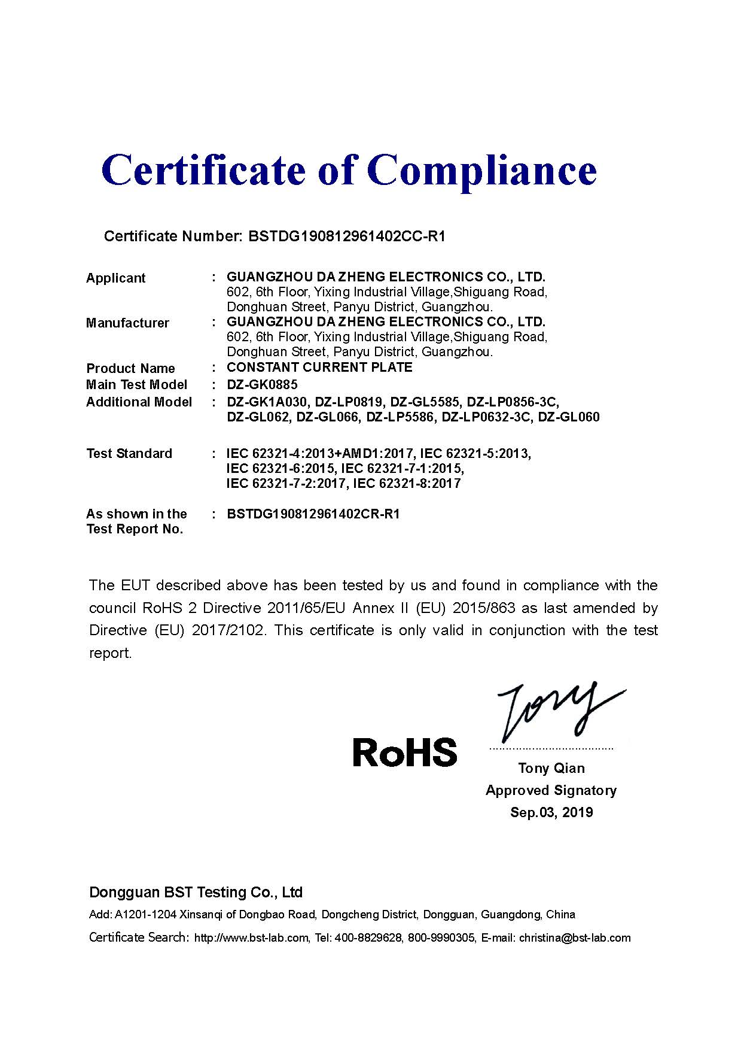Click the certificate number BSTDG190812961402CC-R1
point(346,236)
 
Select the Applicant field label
point(115,278)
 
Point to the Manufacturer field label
point(127,323)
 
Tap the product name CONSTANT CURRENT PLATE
point(319,367)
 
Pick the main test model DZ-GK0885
point(262,384)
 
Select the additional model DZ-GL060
point(568,417)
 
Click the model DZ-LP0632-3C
point(486,417)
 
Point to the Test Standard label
point(129,453)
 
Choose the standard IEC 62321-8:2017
point(407,483)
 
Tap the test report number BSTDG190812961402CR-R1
point(313,514)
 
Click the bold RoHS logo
point(405,752)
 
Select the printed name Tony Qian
point(551,768)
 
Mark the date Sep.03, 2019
point(551,812)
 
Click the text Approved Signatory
point(551,790)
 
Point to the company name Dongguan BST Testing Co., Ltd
point(196,893)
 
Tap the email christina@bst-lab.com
point(575,937)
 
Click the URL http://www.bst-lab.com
point(251,938)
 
